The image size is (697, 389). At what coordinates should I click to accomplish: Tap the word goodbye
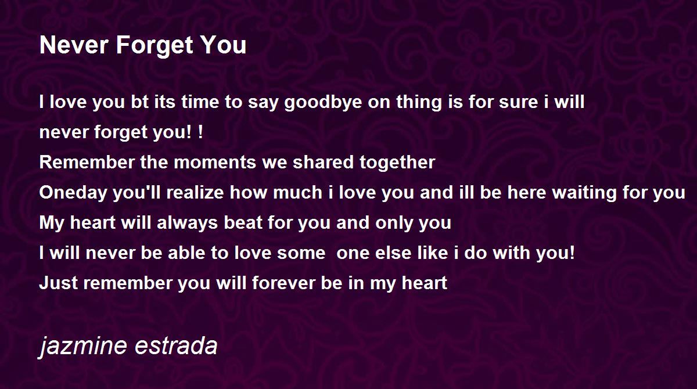323,103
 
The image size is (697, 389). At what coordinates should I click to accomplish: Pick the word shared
323,162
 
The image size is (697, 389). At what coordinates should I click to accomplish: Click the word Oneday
73,192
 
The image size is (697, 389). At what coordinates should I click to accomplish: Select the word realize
195,192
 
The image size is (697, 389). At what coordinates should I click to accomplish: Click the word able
186,253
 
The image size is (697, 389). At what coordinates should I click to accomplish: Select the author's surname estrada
176,345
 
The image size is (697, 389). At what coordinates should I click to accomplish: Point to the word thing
419,103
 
